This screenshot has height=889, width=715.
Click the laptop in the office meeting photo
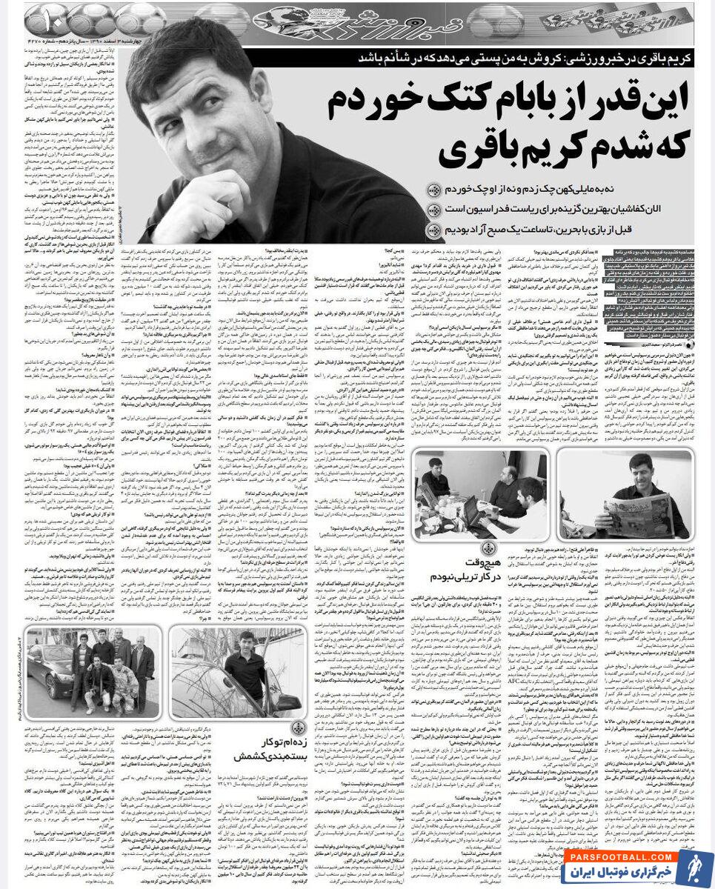point(474,511)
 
